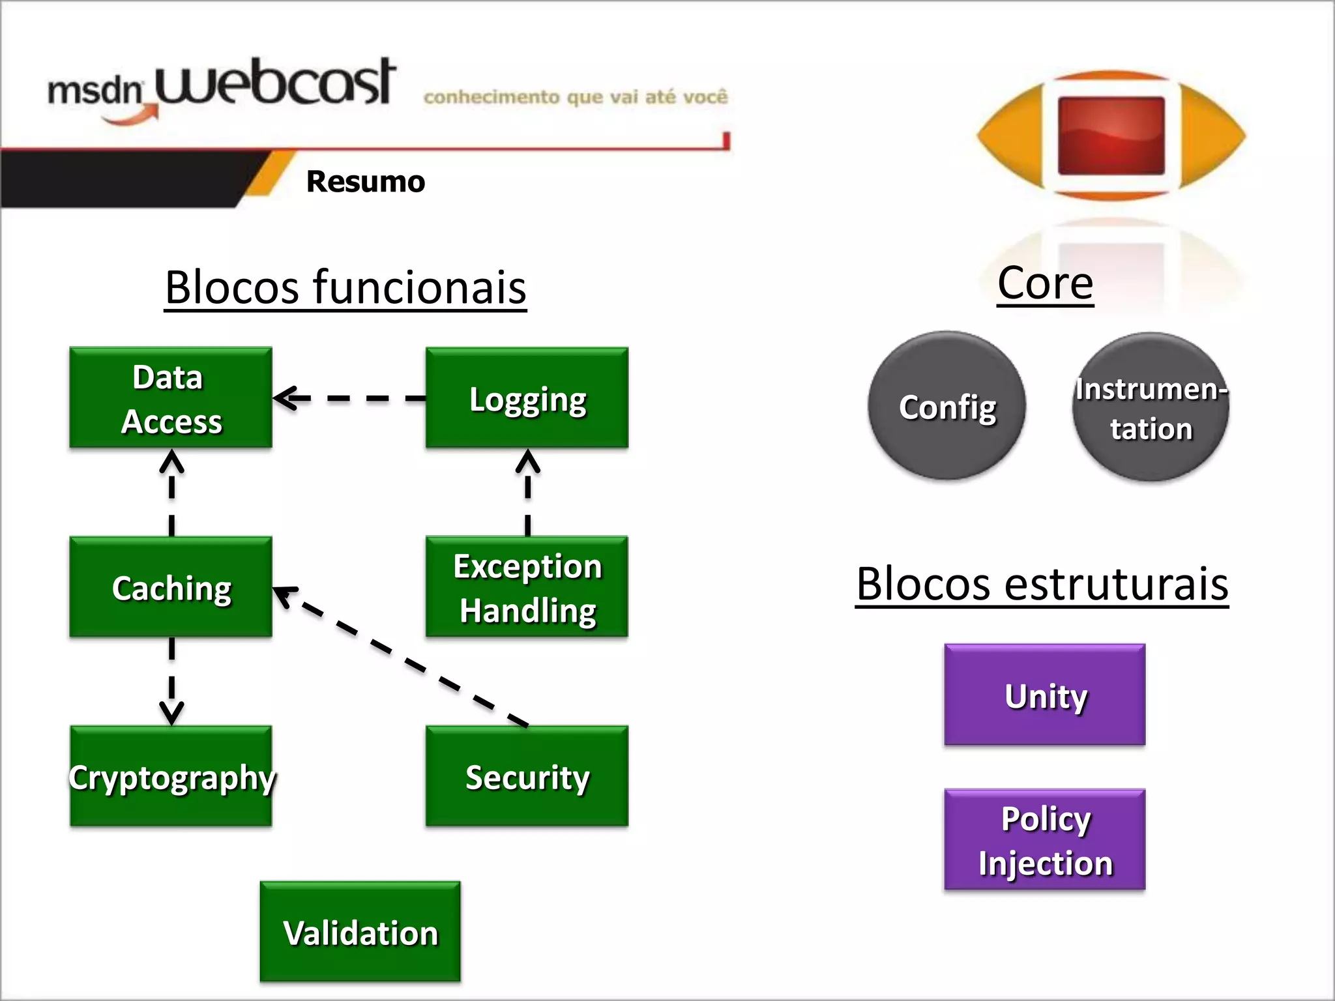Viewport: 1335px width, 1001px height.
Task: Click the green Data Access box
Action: click(171, 398)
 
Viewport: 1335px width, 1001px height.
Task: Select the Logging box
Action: click(527, 398)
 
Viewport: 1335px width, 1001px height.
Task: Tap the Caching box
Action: click(171, 587)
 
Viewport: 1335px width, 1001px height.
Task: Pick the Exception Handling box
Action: click(527, 587)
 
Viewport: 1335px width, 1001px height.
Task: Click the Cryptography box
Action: click(171, 776)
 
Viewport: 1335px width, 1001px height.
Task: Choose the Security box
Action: click(527, 776)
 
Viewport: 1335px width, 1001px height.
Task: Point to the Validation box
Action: click(360, 931)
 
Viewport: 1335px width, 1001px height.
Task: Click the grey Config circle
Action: click(946, 406)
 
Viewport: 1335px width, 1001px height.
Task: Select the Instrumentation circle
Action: click(1151, 407)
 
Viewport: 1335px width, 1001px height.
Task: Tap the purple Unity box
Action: click(1044, 695)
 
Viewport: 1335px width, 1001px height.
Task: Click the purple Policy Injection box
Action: click(1044, 839)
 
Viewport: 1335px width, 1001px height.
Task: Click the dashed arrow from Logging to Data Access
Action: click(349, 398)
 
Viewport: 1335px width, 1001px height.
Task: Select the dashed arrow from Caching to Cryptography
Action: click(171, 681)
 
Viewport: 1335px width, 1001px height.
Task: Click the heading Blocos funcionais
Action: click(345, 287)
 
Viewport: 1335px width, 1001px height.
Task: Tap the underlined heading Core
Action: click(1045, 283)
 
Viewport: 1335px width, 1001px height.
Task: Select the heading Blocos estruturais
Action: click(1042, 584)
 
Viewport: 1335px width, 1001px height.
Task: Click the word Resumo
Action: click(365, 182)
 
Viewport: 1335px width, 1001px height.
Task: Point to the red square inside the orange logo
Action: click(1111, 136)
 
